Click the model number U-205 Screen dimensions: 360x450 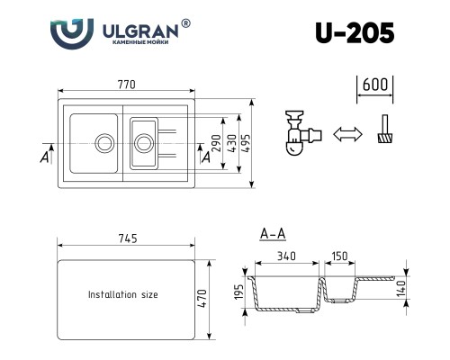[355, 34]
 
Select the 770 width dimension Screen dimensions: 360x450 [127, 85]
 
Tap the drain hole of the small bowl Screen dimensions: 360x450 [142, 141]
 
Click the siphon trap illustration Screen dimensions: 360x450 [300, 132]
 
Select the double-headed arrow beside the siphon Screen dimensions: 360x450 [346, 134]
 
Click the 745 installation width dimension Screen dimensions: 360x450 [127, 238]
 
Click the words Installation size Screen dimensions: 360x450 [122, 294]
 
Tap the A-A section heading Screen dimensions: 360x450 [272, 235]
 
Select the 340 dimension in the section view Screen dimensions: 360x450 [286, 256]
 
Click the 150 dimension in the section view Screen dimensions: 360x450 [339, 256]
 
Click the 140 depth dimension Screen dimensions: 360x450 [402, 288]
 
